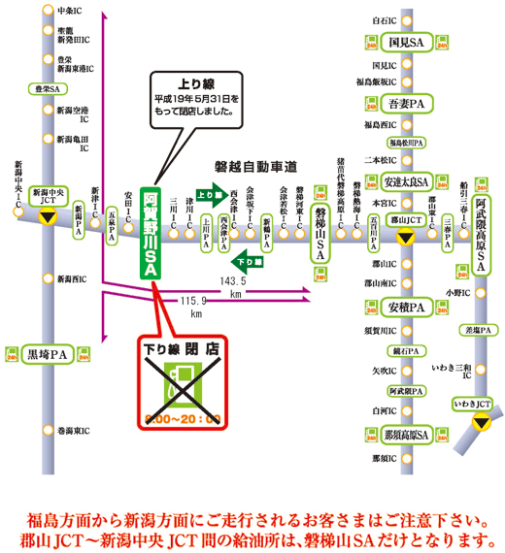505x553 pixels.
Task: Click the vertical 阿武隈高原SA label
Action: pyautogui.click(x=482, y=222)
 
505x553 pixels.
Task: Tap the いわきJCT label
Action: pyautogui.click(x=473, y=402)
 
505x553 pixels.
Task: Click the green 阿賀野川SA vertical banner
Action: pyautogui.click(x=151, y=233)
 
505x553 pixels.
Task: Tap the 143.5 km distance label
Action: pyautogui.click(x=232, y=286)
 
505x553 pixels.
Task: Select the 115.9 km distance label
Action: pyautogui.click(x=194, y=308)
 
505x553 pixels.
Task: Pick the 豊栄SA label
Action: pyautogui.click(x=45, y=88)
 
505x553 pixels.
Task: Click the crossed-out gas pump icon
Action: pyautogui.click(x=182, y=384)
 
